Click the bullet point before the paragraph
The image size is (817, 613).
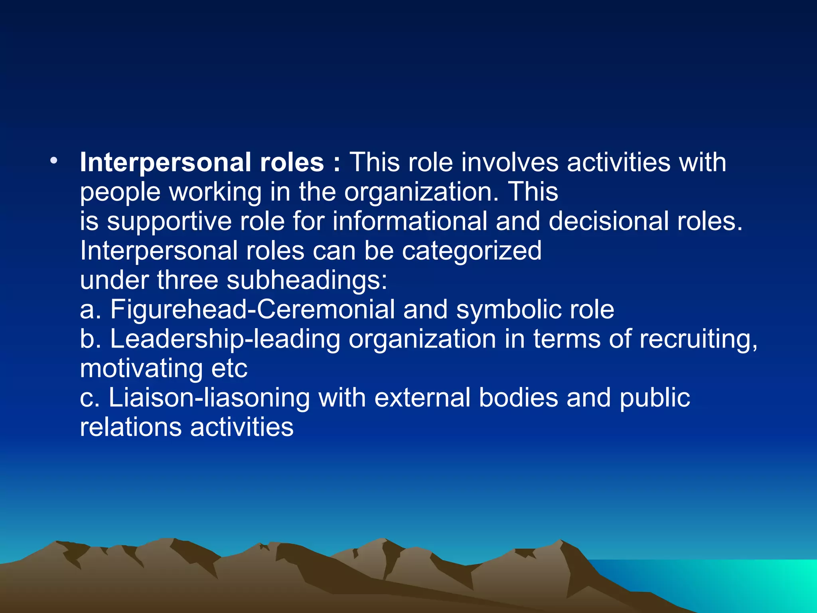[53, 161]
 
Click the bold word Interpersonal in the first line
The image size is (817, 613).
[165, 163]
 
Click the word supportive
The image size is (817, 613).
[169, 222]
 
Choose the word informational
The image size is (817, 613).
[410, 221]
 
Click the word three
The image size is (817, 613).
[187, 280]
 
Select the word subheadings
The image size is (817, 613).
[307, 281]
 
